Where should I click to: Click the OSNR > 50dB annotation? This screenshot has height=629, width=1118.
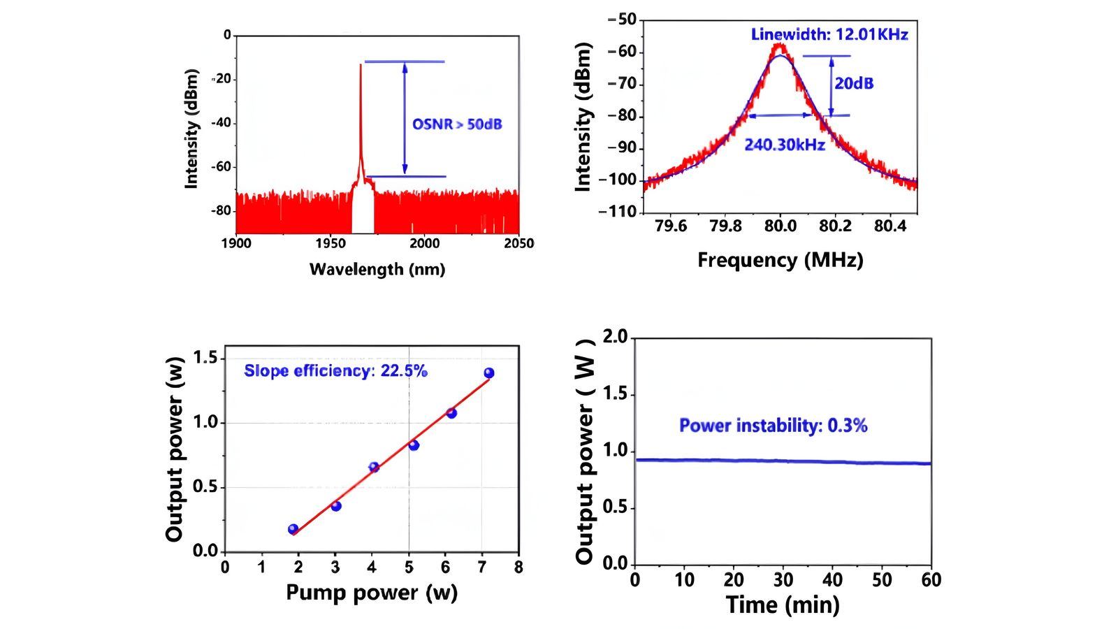[457, 124]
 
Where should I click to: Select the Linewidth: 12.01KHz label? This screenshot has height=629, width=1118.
[829, 34]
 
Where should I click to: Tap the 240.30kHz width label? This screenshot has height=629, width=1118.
[785, 145]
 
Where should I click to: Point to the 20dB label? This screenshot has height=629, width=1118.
[854, 84]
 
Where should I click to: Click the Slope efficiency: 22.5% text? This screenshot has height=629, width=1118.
[335, 370]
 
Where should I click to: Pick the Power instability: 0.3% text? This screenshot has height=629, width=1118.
[774, 426]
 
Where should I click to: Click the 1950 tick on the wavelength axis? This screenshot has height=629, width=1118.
[329, 243]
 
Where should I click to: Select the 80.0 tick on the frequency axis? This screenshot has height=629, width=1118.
[781, 226]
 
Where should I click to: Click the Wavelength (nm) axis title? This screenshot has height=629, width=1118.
[377, 269]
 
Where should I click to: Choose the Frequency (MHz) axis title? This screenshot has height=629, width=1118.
[781, 260]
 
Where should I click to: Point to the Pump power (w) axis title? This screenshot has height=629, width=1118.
[371, 593]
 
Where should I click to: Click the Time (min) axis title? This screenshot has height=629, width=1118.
[783, 604]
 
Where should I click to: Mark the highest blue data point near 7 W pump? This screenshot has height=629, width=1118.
[489, 373]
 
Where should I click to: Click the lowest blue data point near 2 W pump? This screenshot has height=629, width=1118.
[293, 529]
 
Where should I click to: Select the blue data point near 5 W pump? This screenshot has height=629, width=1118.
[414, 445]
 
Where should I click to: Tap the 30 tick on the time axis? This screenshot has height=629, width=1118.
[783, 579]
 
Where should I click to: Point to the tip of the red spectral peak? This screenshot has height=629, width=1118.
[361, 65]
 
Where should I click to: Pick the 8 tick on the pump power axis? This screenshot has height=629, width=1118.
[518, 567]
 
